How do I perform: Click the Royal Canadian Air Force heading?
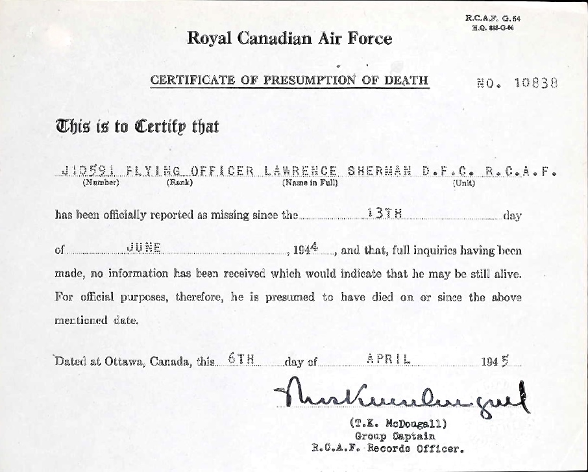click(x=289, y=38)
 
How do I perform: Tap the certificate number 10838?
click(x=535, y=83)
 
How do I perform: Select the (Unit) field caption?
click(x=463, y=183)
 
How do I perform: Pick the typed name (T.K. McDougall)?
click(x=397, y=425)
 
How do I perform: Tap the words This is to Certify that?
click(x=136, y=125)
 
